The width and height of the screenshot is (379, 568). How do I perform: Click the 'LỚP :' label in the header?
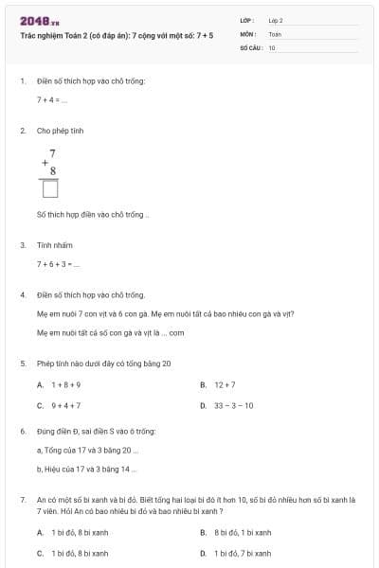248,20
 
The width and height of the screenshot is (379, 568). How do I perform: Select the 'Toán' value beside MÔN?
275,33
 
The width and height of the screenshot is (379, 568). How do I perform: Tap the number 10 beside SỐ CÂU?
272,47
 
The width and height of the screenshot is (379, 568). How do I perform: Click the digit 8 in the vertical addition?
53,170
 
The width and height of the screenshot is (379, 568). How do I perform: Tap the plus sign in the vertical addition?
45,162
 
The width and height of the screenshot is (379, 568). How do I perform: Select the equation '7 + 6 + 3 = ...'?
58,263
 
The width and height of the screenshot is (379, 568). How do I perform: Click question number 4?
23,294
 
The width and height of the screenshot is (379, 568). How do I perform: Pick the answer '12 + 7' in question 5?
225,385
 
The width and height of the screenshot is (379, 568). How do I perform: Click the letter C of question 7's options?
40,553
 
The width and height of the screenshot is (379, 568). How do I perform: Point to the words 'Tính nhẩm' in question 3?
54,244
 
